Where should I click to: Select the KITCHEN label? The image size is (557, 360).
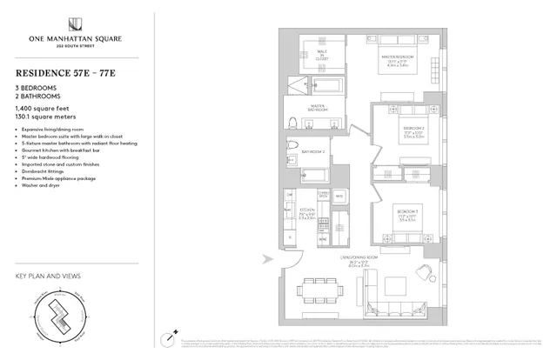(306, 211)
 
